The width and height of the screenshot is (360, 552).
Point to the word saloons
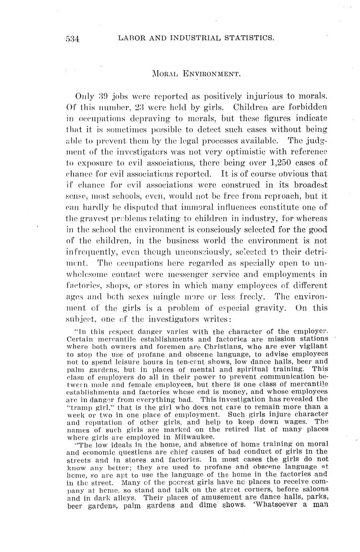tap(313, 489)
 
